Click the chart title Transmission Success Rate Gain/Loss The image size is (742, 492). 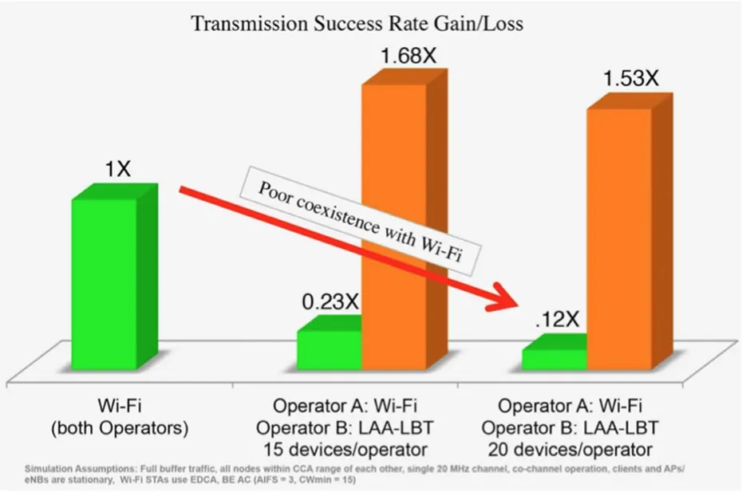coord(357,23)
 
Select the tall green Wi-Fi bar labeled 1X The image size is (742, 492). coord(104,283)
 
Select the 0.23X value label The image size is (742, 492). coord(330,301)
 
